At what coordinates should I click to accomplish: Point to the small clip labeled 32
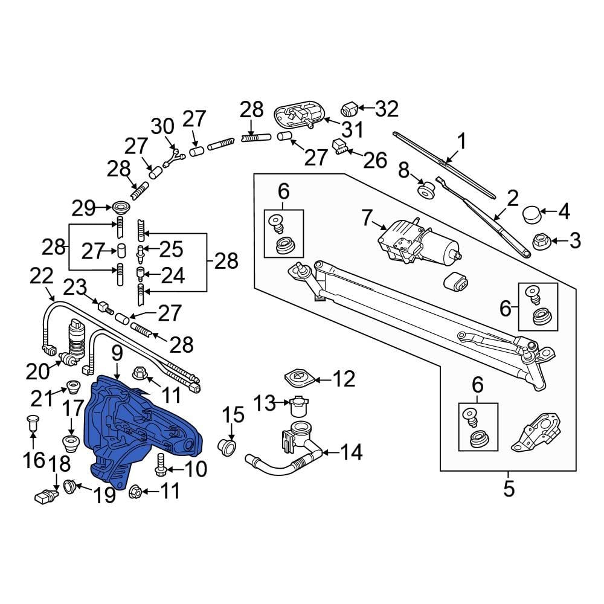pyautogui.click(x=349, y=109)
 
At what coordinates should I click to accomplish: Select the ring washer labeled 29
pyautogui.click(x=121, y=208)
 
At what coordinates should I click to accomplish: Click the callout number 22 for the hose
pyautogui.click(x=42, y=277)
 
